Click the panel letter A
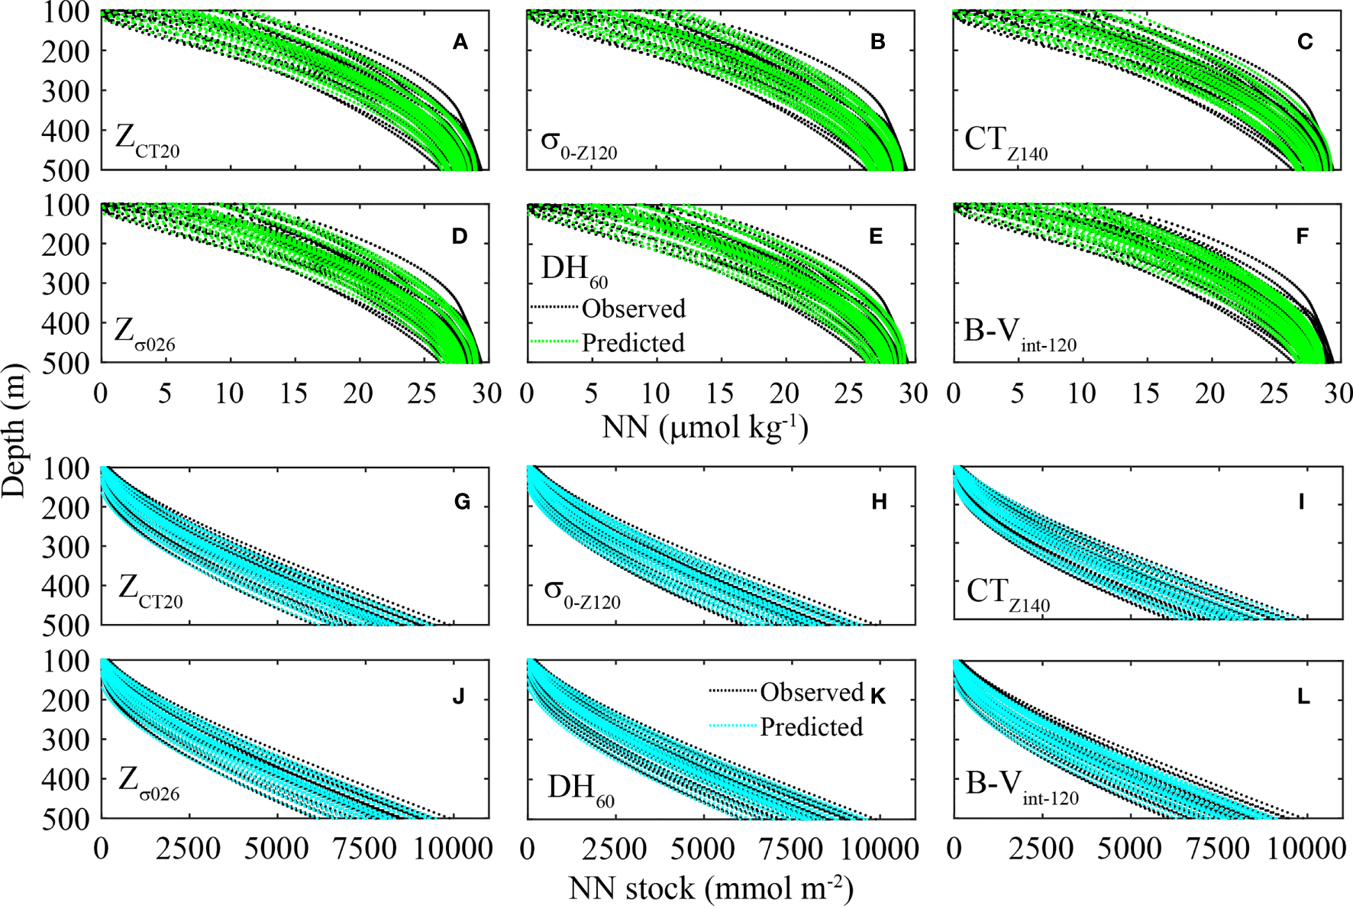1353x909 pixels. pyautogui.click(x=460, y=42)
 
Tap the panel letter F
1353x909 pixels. pyautogui.click(x=1303, y=236)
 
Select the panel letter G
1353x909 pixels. pyautogui.click(x=462, y=502)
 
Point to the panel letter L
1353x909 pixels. pyautogui.click(x=1303, y=696)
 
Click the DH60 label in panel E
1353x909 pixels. pyautogui.click(x=574, y=272)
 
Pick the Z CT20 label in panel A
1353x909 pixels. pyautogui.click(x=147, y=141)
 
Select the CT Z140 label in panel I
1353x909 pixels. pyautogui.click(x=1008, y=594)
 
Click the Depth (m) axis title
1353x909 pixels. pyautogui.click(x=14, y=432)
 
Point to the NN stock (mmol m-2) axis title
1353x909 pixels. pyautogui.click(x=711, y=888)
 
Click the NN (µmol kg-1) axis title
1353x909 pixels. pyautogui.click(x=705, y=427)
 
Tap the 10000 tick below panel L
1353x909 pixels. pyautogui.click(x=1306, y=849)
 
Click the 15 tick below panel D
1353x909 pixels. pyautogui.click(x=293, y=393)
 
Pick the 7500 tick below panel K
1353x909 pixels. pyautogui.click(x=790, y=849)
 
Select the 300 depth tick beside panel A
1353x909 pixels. pyautogui.click(x=65, y=91)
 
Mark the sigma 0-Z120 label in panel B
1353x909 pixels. pyautogui.click(x=578, y=144)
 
